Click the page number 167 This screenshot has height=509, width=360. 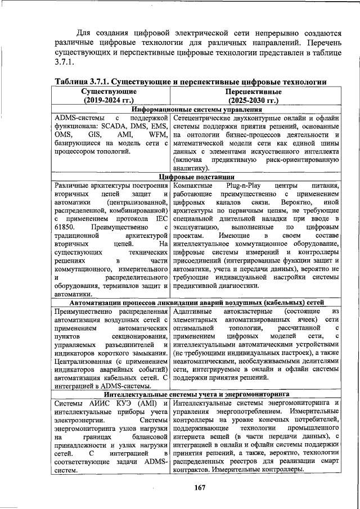point(197,487)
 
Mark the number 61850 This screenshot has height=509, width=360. point(66,227)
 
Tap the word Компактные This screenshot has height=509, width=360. point(193,185)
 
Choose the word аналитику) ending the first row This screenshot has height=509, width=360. point(191,168)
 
